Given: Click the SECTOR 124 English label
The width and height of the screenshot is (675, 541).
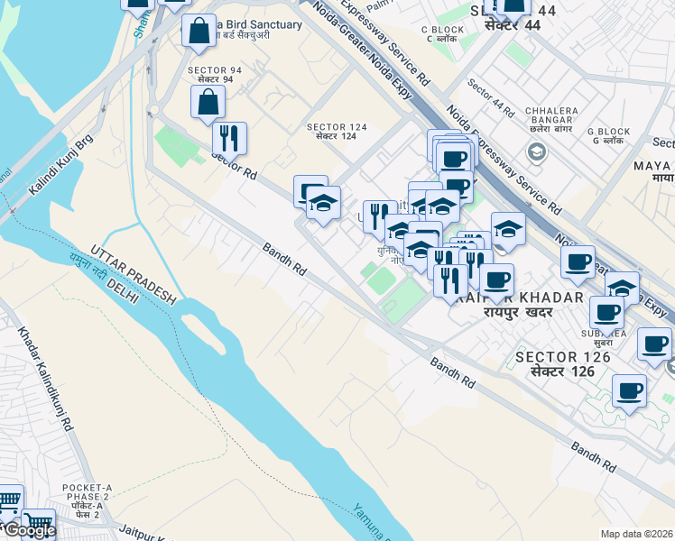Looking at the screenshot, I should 338,126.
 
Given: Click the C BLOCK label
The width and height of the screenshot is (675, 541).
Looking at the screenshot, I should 442,30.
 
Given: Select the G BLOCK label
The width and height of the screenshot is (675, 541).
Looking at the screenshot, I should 606,132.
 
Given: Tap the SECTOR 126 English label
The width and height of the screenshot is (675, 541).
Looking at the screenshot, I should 563,357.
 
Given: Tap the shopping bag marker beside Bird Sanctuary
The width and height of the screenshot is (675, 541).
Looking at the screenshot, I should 199,31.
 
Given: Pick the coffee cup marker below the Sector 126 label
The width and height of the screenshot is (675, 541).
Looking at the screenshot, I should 629,392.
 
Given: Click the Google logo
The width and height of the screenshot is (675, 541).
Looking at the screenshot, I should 29,530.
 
